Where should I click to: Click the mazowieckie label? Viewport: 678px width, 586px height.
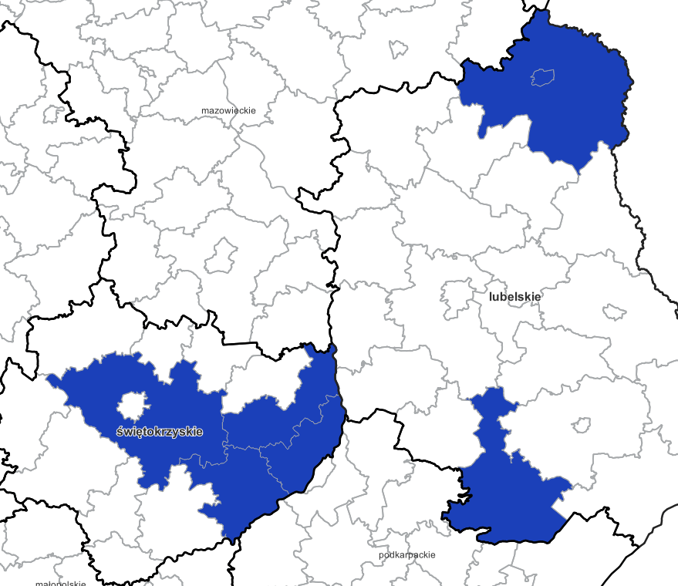(228, 111)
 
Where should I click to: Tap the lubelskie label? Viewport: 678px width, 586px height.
(514, 296)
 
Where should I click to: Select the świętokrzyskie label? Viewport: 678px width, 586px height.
(160, 432)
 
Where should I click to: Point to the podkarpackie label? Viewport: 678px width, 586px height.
(407, 555)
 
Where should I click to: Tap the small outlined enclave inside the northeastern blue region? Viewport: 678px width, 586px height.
(543, 77)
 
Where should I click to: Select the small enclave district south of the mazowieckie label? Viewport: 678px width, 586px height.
(221, 255)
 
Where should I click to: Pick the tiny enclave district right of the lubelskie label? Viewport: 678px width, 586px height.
(614, 312)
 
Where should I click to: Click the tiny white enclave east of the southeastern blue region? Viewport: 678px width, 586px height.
(582, 425)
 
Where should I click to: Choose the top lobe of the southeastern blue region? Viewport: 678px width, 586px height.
(492, 401)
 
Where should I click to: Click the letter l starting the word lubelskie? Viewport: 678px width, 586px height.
(490, 296)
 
